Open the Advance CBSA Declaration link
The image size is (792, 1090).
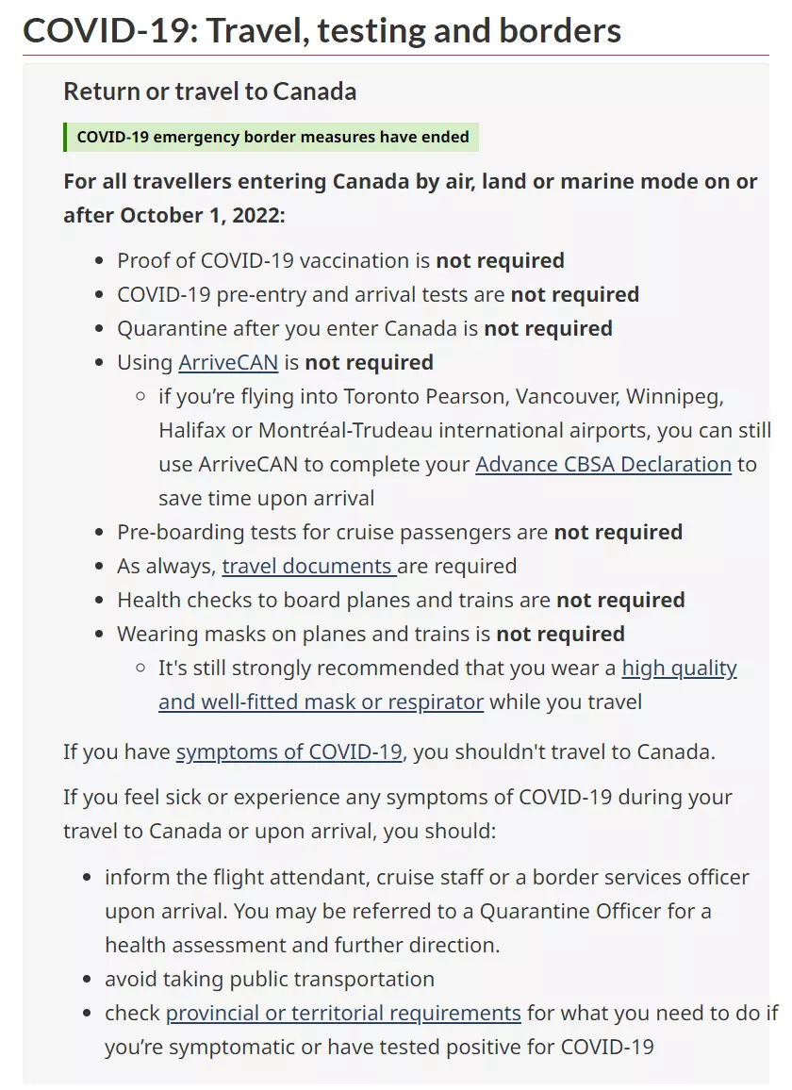[x=603, y=464]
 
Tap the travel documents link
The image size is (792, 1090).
[x=308, y=566]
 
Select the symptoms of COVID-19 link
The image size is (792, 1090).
[x=289, y=752]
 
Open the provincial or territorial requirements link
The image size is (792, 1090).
[x=343, y=1013]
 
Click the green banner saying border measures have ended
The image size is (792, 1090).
[x=272, y=137]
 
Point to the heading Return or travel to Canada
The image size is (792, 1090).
[x=209, y=91]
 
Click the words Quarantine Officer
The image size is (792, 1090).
[x=585, y=911]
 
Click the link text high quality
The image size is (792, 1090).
[x=679, y=668]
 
